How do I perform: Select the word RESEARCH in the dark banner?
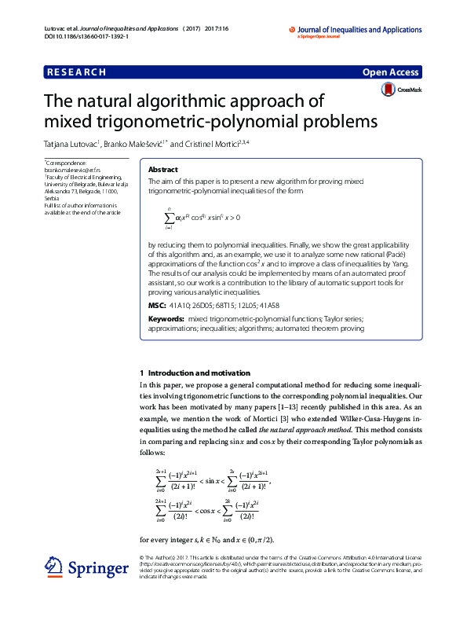[x=76, y=72]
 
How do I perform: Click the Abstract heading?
[x=163, y=170]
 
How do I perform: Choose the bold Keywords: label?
[x=166, y=319]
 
